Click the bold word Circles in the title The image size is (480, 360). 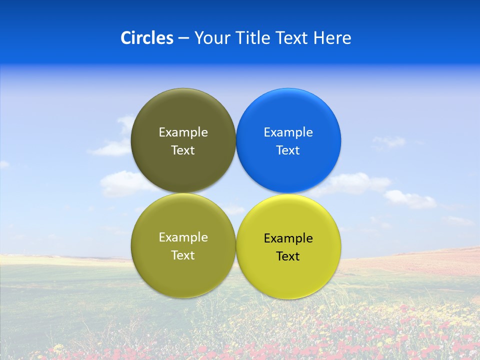146,38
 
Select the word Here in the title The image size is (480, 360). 332,38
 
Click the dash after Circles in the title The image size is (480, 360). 183,38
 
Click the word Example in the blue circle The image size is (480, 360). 288,132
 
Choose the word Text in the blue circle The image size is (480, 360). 288,150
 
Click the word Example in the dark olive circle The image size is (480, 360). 183,132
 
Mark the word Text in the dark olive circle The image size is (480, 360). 183,150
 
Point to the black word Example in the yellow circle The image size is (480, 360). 288,238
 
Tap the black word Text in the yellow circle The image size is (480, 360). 288,256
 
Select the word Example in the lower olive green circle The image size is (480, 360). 183,237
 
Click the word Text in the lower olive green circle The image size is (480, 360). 183,255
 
